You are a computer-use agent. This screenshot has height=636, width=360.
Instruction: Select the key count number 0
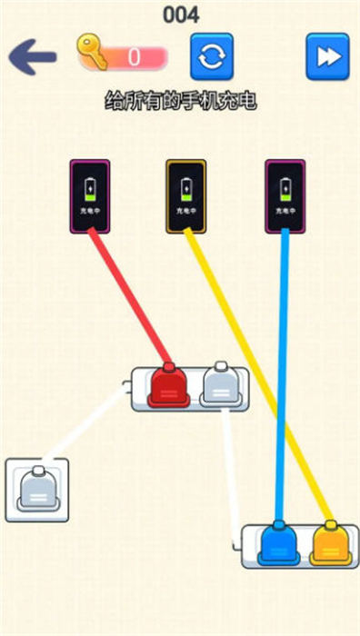(134, 57)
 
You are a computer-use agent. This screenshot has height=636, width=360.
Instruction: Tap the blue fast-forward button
(327, 56)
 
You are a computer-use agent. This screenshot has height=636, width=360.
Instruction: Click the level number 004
(181, 14)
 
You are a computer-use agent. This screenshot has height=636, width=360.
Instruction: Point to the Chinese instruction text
(181, 101)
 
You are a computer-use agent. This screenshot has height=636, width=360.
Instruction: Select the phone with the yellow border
(186, 195)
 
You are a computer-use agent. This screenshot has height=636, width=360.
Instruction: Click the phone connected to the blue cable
(285, 195)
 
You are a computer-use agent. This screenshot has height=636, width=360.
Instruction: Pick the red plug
(168, 385)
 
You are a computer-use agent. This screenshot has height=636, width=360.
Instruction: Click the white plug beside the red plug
(220, 383)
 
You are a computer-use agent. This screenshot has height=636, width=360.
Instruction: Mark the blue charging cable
(281, 382)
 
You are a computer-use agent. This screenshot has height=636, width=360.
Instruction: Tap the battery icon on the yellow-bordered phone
(186, 190)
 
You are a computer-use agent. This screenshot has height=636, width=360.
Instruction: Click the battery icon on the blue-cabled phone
(285, 190)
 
